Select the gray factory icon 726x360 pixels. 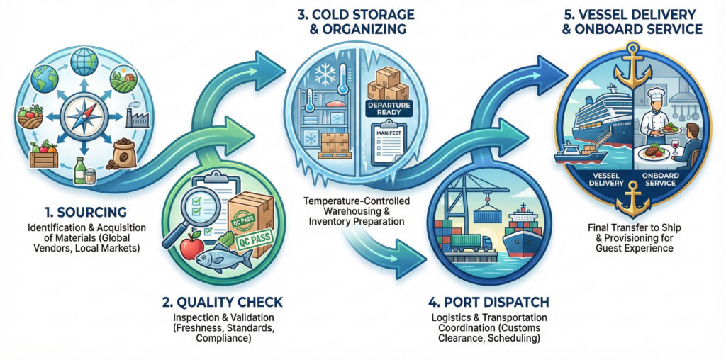pos(135,113)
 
